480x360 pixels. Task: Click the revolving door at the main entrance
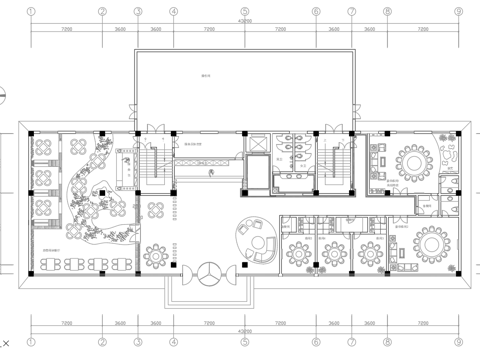coord(211,271)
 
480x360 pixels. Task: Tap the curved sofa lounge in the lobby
coord(256,239)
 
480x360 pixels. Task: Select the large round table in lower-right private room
coord(431,242)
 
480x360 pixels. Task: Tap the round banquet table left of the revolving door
coord(158,254)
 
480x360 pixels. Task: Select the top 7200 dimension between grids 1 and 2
coord(66,31)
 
